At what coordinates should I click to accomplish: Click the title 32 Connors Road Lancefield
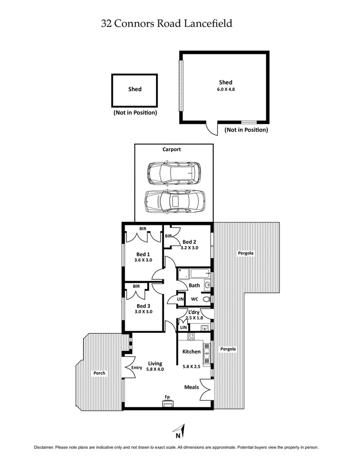[x=167, y=23]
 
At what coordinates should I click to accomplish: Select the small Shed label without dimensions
[x=135, y=89]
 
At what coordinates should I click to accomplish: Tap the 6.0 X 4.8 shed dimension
[x=225, y=89]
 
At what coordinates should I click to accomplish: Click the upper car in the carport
[x=174, y=173]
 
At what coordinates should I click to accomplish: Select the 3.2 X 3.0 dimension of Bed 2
[x=189, y=247]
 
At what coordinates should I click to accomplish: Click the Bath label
[x=194, y=285]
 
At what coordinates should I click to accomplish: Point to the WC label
[x=194, y=299]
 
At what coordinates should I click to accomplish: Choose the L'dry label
[x=194, y=313]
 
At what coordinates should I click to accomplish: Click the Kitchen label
[x=191, y=352]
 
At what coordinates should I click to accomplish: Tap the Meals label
[x=191, y=387]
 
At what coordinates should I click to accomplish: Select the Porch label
[x=99, y=373]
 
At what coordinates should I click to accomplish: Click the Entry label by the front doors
[x=137, y=368]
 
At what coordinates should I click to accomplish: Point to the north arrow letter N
[x=178, y=435]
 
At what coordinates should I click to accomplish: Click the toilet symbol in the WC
[x=207, y=299]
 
